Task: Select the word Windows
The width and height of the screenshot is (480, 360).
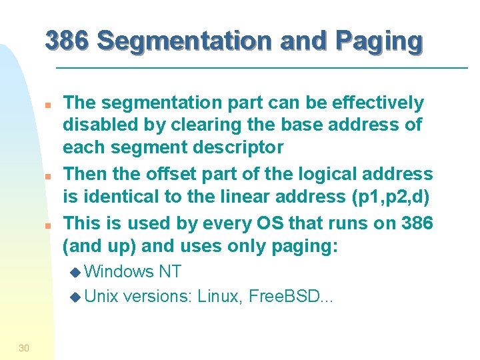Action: pos(121,271)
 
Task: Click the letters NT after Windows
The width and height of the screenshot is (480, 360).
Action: pos(170,271)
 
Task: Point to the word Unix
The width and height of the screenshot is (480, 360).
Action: pos(101,297)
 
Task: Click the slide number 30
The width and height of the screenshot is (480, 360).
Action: pos(24,347)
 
